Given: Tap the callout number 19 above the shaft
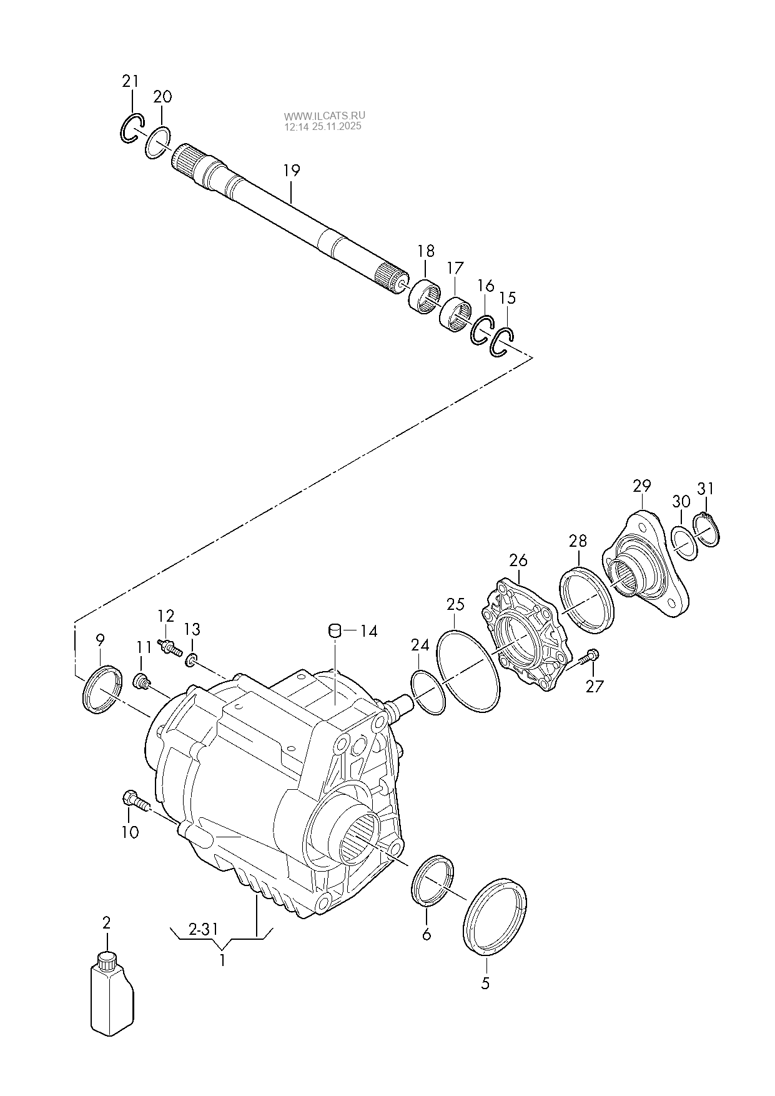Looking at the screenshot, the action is [x=291, y=170].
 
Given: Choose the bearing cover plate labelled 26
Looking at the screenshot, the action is [x=526, y=635].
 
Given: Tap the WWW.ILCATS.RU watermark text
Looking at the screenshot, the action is [x=325, y=116].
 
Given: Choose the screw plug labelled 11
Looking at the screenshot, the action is [x=143, y=681].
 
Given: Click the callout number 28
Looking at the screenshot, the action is [x=578, y=541].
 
